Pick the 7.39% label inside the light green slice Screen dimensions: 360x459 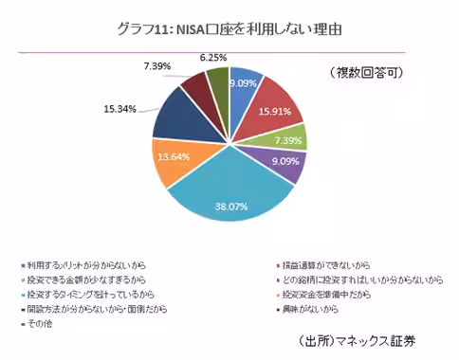pyautogui.click(x=290, y=139)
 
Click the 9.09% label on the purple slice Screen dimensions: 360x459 pyautogui.click(x=285, y=162)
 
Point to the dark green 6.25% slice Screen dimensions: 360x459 pyautogui.click(x=219, y=84)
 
